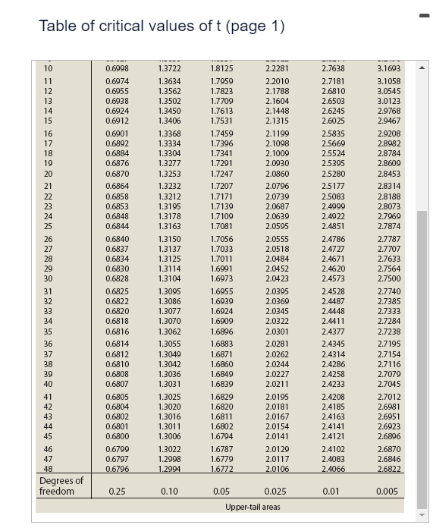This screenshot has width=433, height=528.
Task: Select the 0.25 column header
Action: pos(117,492)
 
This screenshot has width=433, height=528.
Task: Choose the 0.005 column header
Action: pos(387,492)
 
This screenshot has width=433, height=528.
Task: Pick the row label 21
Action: pos(49,185)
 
